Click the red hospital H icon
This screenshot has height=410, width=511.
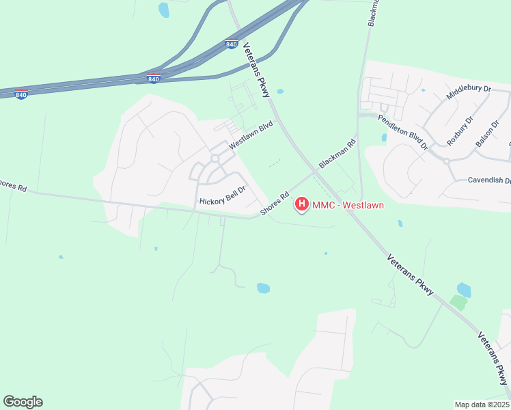(x=301, y=204)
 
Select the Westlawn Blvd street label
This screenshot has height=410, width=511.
(x=251, y=135)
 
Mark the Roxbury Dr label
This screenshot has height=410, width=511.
(x=460, y=131)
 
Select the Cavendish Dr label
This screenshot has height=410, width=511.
(x=489, y=180)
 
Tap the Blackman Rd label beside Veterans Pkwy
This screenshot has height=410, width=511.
(x=337, y=154)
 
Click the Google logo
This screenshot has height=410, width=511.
(x=23, y=402)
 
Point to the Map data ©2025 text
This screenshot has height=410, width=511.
(x=481, y=405)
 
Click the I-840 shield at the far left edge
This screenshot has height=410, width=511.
(x=21, y=94)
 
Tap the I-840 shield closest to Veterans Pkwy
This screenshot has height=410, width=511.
(x=232, y=44)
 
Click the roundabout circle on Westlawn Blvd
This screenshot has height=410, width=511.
(x=215, y=159)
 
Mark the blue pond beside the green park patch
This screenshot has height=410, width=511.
(x=464, y=289)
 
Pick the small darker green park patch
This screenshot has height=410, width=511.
(x=458, y=303)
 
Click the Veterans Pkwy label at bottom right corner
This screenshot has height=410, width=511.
(x=493, y=359)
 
